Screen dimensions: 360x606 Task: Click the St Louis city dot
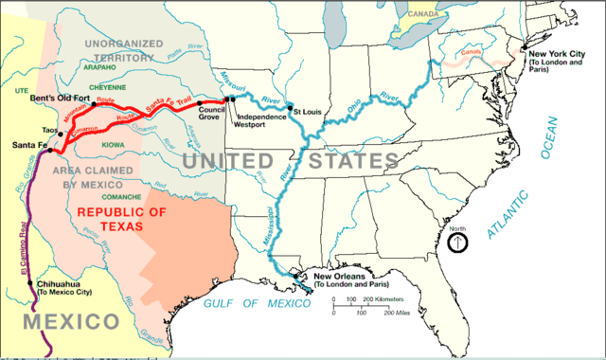tap(290, 108)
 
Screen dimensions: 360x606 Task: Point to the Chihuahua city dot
tap(31, 284)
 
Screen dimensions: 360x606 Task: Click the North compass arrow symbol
tap(459, 242)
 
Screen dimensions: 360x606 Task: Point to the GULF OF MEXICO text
tap(257, 303)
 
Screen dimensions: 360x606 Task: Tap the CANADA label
tap(423, 14)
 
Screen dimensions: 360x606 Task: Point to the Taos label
tap(35, 126)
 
